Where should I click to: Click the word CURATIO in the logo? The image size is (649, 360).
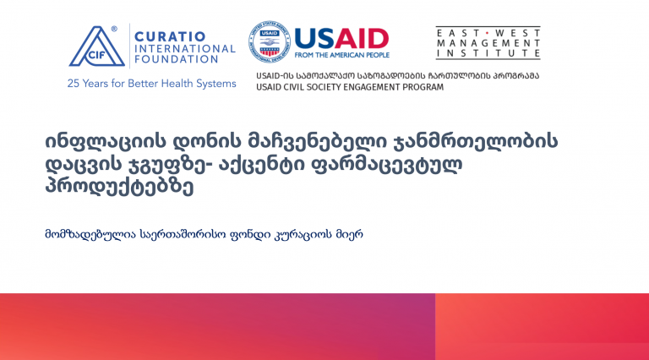(170, 36)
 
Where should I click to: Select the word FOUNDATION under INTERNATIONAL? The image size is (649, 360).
(177, 60)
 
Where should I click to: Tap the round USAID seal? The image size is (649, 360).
(270, 41)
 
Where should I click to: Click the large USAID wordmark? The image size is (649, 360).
(341, 39)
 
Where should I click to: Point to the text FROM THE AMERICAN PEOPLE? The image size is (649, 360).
(342, 55)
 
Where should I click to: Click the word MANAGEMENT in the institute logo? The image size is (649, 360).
(488, 43)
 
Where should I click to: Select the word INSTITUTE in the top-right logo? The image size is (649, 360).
(488, 53)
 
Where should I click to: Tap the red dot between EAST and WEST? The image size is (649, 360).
(488, 33)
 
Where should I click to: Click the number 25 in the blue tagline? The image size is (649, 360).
(74, 84)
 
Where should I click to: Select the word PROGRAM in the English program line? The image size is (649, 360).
(426, 87)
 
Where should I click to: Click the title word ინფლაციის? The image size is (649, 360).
(104, 142)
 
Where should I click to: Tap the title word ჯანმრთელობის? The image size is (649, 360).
(473, 142)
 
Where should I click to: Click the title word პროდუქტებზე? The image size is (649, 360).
(119, 188)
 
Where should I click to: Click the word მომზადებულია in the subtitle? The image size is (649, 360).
(90, 235)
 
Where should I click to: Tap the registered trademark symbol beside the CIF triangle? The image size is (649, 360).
(114, 29)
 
